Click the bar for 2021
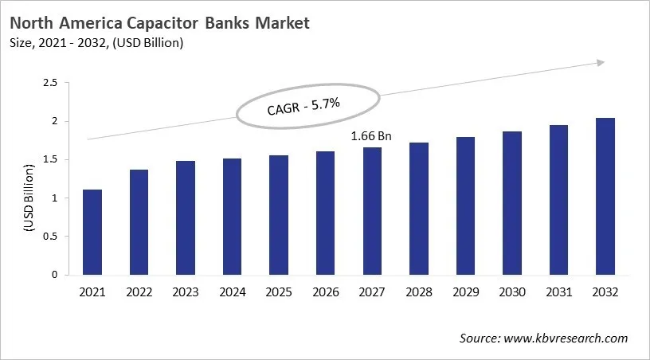pyautogui.click(x=92, y=232)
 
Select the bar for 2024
pyautogui.click(x=233, y=217)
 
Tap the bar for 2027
pyautogui.click(x=372, y=211)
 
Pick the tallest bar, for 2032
pyautogui.click(x=605, y=196)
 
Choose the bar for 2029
pyautogui.click(x=465, y=205)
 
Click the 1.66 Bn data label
pyautogui.click(x=371, y=136)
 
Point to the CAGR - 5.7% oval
pyautogui.click(x=306, y=105)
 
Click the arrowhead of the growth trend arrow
pyautogui.click(x=599, y=63)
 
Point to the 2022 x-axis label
pyautogui.click(x=139, y=292)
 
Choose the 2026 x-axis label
pyautogui.click(x=325, y=292)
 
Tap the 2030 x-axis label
pyautogui.click(x=511, y=292)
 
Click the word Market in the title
pyautogui.click(x=281, y=23)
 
